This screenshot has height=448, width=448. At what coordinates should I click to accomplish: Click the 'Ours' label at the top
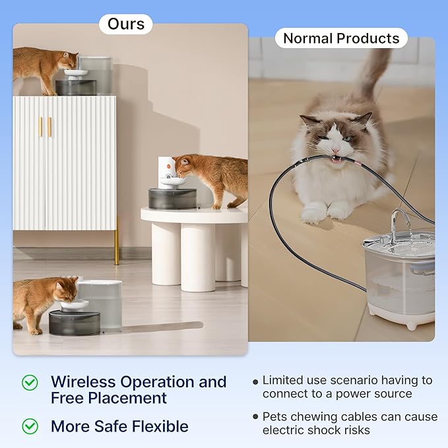(125, 24)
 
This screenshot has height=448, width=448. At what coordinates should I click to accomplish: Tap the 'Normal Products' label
(341, 38)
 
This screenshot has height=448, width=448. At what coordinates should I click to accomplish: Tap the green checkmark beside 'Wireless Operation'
(30, 382)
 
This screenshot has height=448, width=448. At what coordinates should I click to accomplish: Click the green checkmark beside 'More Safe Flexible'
(30, 426)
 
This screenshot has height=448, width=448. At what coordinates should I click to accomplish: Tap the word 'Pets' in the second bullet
(276, 417)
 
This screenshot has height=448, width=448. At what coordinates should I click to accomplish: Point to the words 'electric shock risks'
(316, 430)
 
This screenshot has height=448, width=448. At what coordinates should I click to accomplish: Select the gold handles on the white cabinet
(44, 126)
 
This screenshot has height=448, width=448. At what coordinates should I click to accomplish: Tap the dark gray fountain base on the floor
(75, 322)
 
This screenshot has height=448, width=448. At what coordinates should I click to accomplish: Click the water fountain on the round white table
(172, 188)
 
